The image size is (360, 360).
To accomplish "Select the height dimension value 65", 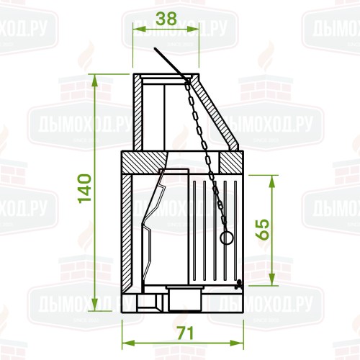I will pyautogui.click(x=264, y=230).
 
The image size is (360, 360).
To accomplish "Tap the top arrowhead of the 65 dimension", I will pyautogui.click(x=272, y=178).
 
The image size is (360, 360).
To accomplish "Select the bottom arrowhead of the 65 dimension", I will pyautogui.click(x=272, y=281).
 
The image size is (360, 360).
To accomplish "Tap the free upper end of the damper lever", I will pyautogui.click(x=155, y=49).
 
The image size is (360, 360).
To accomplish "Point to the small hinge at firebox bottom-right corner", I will pyautogui.click(x=238, y=283).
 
